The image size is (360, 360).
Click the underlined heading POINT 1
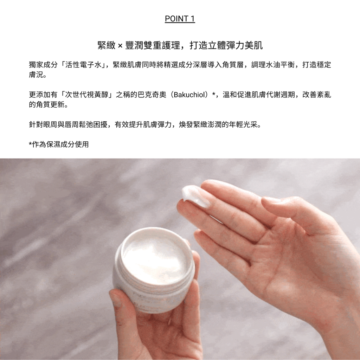(x=180, y=19)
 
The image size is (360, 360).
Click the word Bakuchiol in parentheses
(x=189, y=95)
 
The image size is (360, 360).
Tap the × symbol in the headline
(x=120, y=46)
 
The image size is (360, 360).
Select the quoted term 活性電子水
(x=83, y=65)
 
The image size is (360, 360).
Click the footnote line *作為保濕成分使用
(x=59, y=144)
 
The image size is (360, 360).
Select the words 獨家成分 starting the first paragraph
(x=43, y=65)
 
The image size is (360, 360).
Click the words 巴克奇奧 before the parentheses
(x=152, y=95)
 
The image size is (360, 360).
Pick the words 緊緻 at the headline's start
(x=107, y=45)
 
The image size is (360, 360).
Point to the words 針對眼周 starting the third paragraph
(x=43, y=124)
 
